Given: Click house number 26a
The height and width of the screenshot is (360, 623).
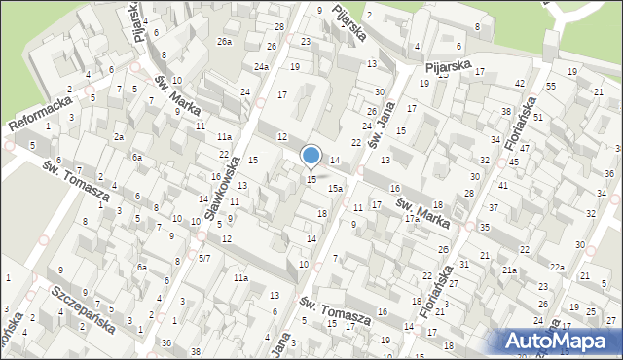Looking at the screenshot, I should click(225, 41).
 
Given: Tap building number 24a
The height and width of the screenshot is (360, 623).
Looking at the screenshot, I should click(261, 67).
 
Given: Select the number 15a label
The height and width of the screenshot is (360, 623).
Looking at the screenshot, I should click(334, 188).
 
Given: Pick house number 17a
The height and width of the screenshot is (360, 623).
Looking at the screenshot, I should click(413, 219).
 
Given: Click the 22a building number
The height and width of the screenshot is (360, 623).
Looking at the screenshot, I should click(556, 267).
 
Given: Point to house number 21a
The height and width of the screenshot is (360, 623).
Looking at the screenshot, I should click(509, 270).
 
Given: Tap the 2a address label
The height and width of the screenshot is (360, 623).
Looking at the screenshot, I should click(118, 137).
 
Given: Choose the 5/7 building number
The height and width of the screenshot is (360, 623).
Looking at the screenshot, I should click(204, 258).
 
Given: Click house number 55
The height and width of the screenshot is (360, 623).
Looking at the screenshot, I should click(551, 87).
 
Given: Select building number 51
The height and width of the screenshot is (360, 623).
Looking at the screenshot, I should click(537, 117).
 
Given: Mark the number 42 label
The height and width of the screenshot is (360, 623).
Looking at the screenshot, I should click(520, 84).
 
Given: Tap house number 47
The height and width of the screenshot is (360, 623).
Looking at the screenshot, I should click(525, 148).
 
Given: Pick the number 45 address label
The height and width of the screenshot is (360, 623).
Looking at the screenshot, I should click(513, 162).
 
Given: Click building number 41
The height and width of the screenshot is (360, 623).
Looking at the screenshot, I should click(503, 185).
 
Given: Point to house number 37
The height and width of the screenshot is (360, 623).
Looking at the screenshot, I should click(494, 208).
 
